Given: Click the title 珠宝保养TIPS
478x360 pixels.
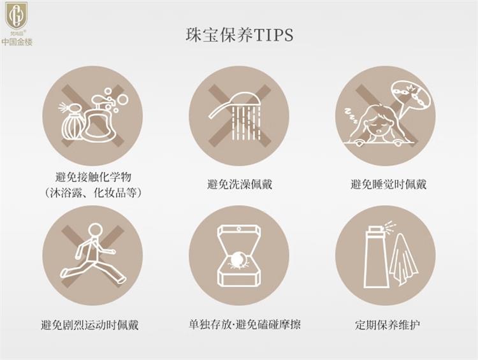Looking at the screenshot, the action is [240, 35].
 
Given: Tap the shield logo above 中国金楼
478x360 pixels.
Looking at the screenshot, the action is [17, 15].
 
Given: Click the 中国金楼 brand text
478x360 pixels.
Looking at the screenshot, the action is [17, 42].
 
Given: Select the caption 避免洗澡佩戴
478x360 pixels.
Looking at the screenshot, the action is [240, 184].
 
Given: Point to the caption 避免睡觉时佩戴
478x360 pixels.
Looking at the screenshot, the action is [388, 184].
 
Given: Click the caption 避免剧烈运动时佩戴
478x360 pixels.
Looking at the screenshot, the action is [90, 325].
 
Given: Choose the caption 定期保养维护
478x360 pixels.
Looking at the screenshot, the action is [387, 325].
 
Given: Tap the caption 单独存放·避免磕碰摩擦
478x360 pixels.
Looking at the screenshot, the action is [245, 324].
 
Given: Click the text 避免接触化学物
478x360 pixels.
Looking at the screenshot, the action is [93, 177].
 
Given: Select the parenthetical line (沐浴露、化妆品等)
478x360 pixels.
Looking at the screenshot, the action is [92, 192].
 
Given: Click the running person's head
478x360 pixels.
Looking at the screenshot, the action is [96, 230].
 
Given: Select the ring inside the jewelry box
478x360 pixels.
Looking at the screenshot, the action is [238, 261].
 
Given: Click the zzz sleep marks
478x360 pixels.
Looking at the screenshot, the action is [351, 115].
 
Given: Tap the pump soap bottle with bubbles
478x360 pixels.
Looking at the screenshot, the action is [99, 119].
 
